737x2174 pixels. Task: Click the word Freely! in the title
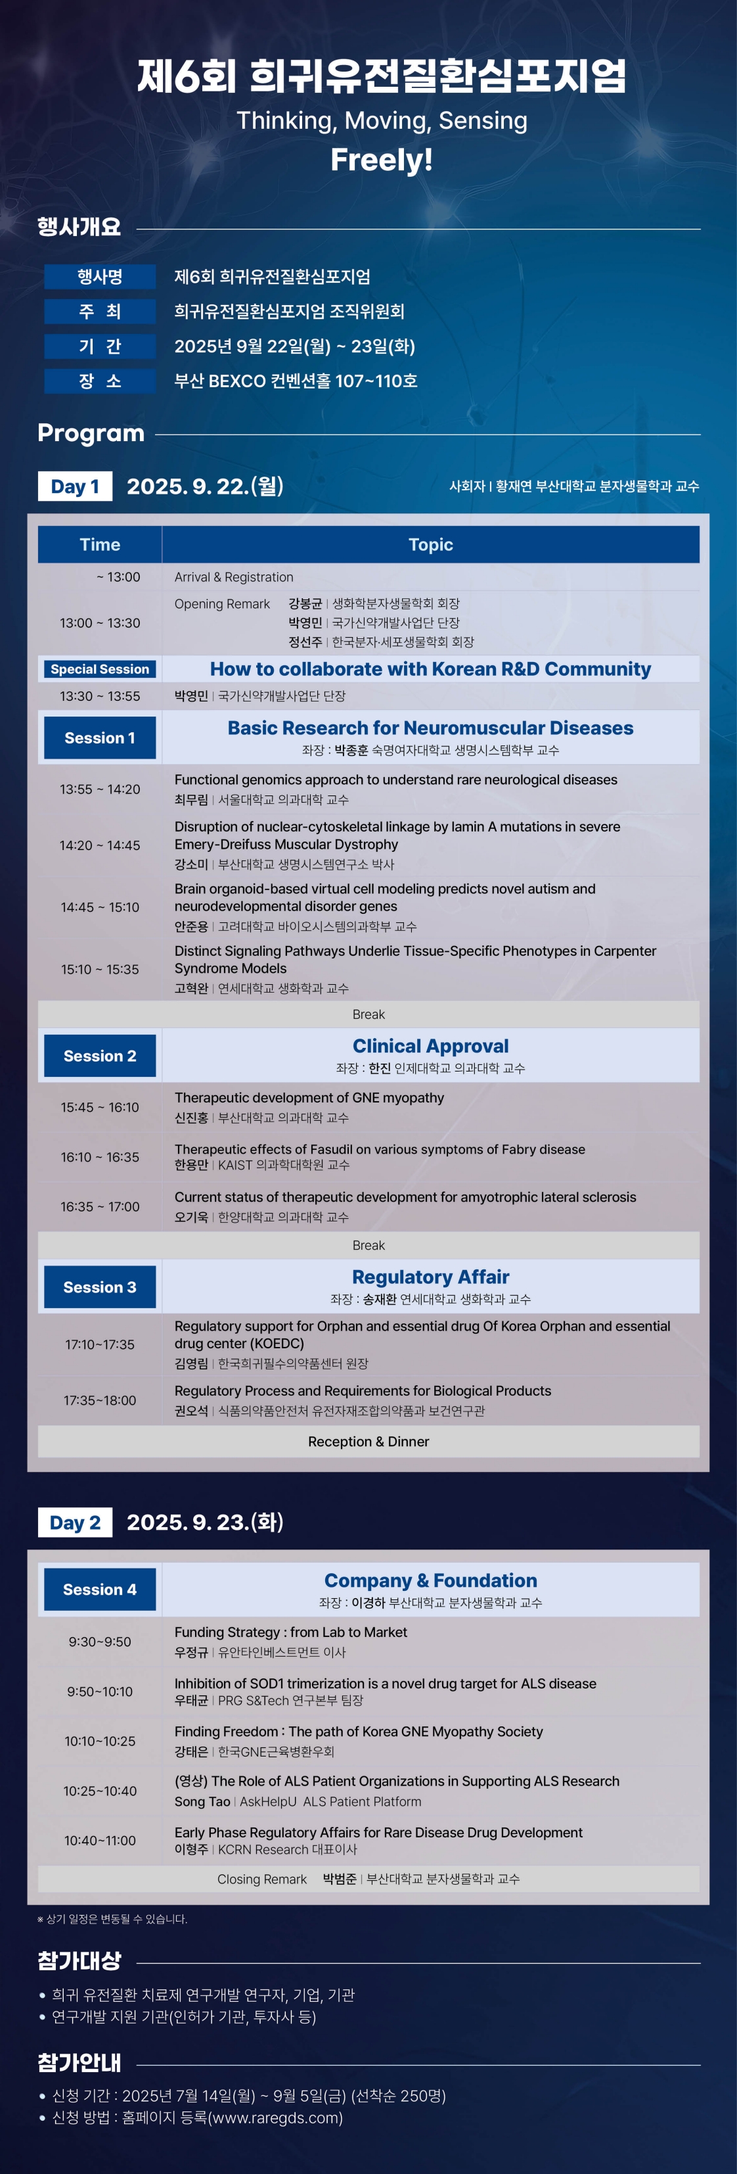point(381,160)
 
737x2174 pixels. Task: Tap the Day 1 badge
point(75,486)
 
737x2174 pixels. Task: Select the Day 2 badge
point(75,1523)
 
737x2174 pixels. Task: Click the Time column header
point(99,544)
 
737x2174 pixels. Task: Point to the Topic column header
point(430,544)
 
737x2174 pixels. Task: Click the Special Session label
point(99,669)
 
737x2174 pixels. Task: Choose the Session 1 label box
point(99,738)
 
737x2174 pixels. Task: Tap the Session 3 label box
point(99,1287)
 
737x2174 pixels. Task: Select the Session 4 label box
point(99,1589)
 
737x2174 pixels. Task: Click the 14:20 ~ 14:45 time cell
point(99,845)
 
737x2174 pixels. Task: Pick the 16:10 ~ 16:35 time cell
point(99,1157)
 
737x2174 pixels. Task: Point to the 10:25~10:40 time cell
point(99,1791)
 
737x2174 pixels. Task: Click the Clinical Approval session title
point(430,1047)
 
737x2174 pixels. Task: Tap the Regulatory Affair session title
point(430,1277)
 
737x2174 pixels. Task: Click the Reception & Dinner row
point(368,1442)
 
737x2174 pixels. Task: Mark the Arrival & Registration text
point(234,577)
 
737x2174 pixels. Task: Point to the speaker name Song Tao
point(202,1802)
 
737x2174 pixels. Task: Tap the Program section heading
point(91,433)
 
